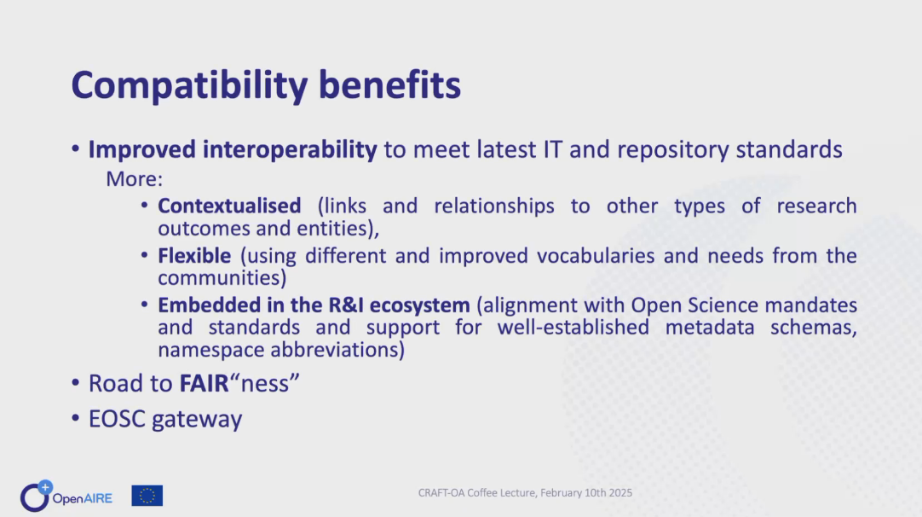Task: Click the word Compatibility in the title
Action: [x=189, y=86]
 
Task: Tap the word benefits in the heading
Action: [x=389, y=84]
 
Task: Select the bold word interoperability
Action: [x=290, y=150]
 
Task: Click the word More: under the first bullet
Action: [x=134, y=178]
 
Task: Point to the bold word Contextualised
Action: [x=229, y=206]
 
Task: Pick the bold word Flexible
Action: [x=194, y=256]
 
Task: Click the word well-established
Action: [x=573, y=327]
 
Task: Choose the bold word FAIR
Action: [x=204, y=383]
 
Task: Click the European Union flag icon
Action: [x=147, y=496]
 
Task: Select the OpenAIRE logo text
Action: [x=83, y=499]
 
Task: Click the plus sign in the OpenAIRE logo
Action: [x=45, y=487]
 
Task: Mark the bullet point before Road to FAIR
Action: [x=75, y=383]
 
